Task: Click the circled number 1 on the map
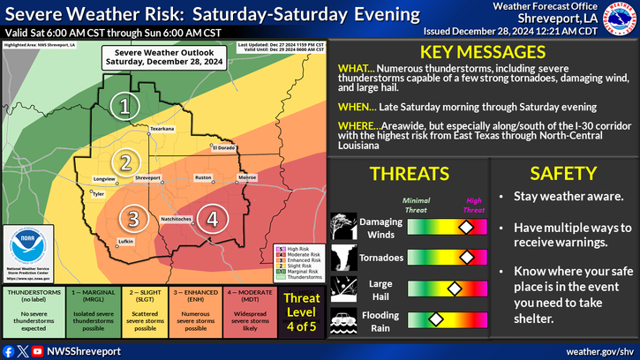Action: [125, 107]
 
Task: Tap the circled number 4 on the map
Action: [211, 218]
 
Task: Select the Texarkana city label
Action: [162, 129]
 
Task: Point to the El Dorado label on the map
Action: [222, 147]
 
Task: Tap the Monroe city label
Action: [248, 178]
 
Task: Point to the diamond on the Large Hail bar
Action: [455, 288]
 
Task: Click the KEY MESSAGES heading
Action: [476, 51]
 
